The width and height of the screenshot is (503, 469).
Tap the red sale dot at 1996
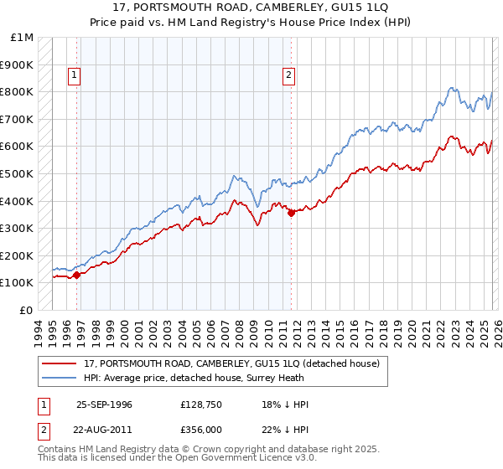point(76,274)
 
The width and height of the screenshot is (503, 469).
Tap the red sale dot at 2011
point(291,213)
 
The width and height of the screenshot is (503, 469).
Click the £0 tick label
point(27,310)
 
